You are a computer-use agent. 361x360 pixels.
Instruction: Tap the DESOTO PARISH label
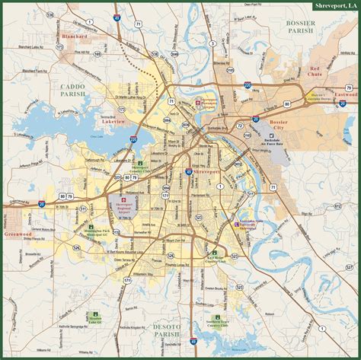[x=166, y=307]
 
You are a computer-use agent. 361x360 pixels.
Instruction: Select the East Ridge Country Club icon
[x=214, y=253]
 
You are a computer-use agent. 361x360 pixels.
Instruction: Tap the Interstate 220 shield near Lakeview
[x=134, y=139]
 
